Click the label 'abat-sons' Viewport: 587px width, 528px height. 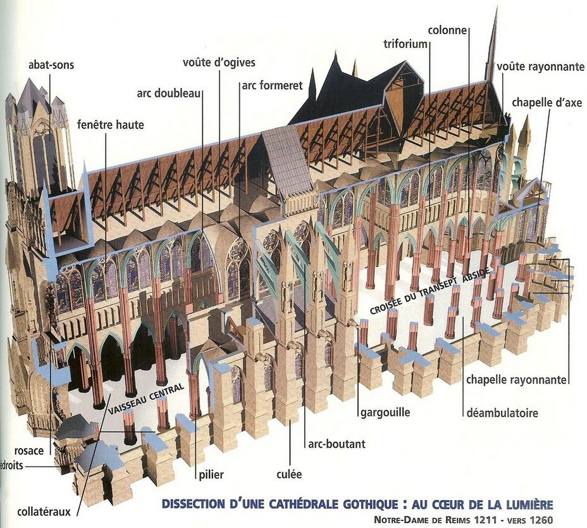pyautogui.click(x=51, y=66)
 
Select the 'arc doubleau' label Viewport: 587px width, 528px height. pyautogui.click(x=169, y=93)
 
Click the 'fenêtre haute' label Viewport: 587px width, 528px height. pyautogui.click(x=111, y=125)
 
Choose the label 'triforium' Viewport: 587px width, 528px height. pyautogui.click(x=405, y=44)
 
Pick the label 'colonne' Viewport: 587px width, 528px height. pyautogui.click(x=447, y=30)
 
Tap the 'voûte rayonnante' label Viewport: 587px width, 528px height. pyautogui.click(x=540, y=66)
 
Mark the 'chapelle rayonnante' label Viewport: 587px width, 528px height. pyautogui.click(x=516, y=380)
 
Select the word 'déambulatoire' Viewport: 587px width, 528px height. pyautogui.click(x=502, y=413)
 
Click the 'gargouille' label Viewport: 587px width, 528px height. pyautogui.click(x=385, y=413)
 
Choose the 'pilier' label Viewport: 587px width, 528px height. pyautogui.click(x=210, y=474)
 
